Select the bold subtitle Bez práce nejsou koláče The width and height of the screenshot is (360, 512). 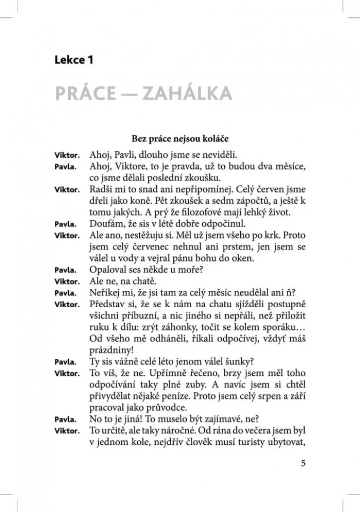tap(180, 138)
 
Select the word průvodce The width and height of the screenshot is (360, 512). tap(168, 407)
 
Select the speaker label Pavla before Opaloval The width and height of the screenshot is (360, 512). tap(65, 271)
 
